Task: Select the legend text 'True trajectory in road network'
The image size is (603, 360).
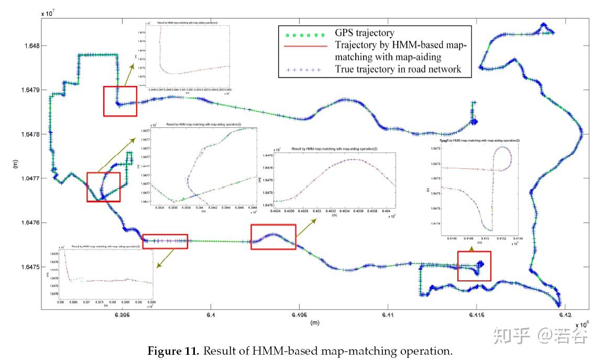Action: pyautogui.click(x=398, y=69)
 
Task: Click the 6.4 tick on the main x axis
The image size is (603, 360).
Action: pyautogui.click(x=211, y=315)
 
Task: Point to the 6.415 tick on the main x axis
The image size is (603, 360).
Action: pyautogui.click(x=476, y=315)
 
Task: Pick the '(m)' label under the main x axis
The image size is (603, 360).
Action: pyautogui.click(x=314, y=323)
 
